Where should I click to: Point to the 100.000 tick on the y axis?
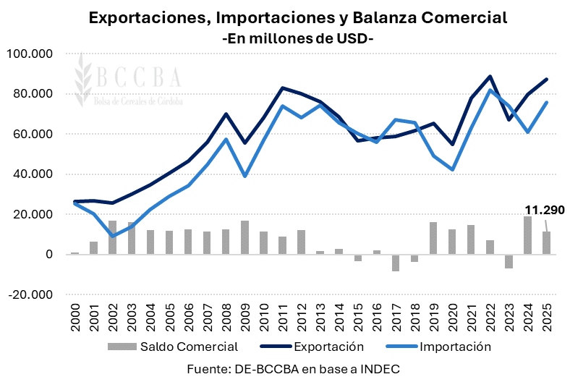point(30,54)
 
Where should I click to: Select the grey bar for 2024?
point(527,235)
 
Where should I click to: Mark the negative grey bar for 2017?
point(396,263)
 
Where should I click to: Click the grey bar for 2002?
point(113,237)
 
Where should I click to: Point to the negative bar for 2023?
point(509,261)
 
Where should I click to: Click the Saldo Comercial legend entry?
point(174,347)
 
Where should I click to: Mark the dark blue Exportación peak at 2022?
point(490,76)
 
